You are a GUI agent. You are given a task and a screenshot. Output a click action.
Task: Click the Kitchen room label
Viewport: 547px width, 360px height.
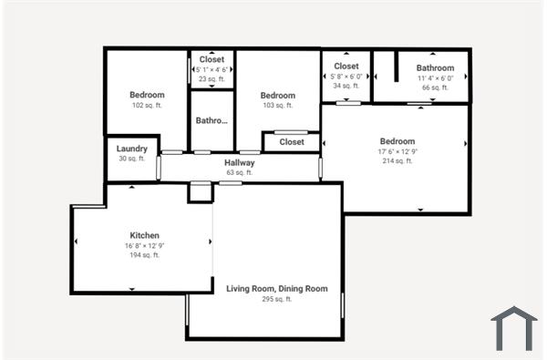(x=145, y=234)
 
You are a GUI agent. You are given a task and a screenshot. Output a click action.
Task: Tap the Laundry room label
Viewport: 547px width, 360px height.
(x=132, y=149)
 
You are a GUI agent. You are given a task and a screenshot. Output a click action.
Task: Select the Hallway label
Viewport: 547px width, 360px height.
(x=240, y=163)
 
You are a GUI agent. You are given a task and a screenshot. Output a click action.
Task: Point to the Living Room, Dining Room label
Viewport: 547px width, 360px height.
(x=276, y=289)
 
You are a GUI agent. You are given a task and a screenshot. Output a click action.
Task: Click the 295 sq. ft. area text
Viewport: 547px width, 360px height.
(x=276, y=299)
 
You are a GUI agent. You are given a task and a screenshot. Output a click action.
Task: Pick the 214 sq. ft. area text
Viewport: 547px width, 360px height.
(x=397, y=161)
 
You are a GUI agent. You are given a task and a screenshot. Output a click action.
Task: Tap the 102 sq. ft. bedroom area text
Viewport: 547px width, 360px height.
(x=147, y=106)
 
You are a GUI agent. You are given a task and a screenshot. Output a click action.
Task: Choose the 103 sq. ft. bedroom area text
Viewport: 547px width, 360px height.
(x=277, y=106)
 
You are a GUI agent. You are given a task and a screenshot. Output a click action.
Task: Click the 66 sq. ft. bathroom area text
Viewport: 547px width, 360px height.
(x=435, y=87)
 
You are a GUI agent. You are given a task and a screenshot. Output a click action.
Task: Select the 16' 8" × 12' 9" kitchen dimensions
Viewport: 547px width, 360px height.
(x=145, y=245)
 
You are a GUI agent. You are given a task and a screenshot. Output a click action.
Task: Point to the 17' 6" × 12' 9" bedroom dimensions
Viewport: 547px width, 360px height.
(x=397, y=151)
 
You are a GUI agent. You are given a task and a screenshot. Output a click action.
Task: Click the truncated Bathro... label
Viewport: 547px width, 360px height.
(x=212, y=120)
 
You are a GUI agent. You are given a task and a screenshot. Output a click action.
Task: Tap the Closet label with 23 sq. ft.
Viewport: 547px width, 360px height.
(x=212, y=59)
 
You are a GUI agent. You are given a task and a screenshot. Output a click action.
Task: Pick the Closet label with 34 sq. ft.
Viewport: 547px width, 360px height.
(x=346, y=67)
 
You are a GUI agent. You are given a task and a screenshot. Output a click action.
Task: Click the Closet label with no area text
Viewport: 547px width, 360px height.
(x=292, y=142)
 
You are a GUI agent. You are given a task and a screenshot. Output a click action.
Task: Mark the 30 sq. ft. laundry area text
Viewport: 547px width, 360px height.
(x=132, y=159)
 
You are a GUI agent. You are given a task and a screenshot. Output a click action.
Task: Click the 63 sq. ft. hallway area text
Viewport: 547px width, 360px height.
(x=240, y=172)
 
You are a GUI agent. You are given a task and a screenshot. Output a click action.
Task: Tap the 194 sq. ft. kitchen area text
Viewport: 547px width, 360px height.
(x=145, y=255)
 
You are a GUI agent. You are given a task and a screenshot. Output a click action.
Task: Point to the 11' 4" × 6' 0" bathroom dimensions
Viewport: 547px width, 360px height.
(x=435, y=78)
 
